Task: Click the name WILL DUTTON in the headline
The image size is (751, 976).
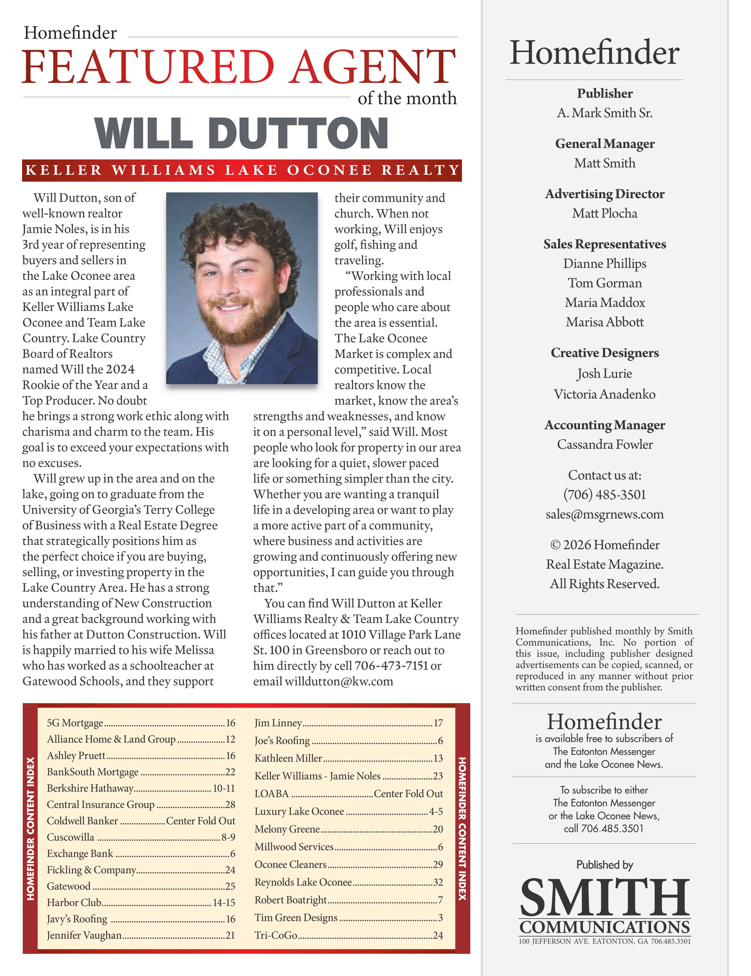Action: click(x=241, y=133)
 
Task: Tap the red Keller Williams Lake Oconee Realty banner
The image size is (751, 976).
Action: click(x=242, y=170)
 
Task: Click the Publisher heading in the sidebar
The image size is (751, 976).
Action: click(x=605, y=93)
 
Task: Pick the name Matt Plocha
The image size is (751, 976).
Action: click(x=605, y=213)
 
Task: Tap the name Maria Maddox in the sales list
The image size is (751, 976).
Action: click(x=605, y=302)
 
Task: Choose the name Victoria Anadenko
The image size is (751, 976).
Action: click(x=605, y=394)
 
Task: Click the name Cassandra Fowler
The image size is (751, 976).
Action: click(x=605, y=444)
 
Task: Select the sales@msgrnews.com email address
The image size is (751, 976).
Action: click(x=605, y=514)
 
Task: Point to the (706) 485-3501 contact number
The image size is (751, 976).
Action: click(x=605, y=494)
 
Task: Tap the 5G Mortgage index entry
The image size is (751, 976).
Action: click(x=75, y=723)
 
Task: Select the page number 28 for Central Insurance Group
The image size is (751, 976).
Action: click(x=230, y=804)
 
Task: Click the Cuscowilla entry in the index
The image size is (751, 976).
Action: click(x=71, y=837)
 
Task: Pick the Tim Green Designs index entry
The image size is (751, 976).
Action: click(x=296, y=917)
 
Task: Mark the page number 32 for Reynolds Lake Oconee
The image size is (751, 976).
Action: click(x=438, y=882)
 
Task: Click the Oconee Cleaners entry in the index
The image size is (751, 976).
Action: click(x=290, y=864)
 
